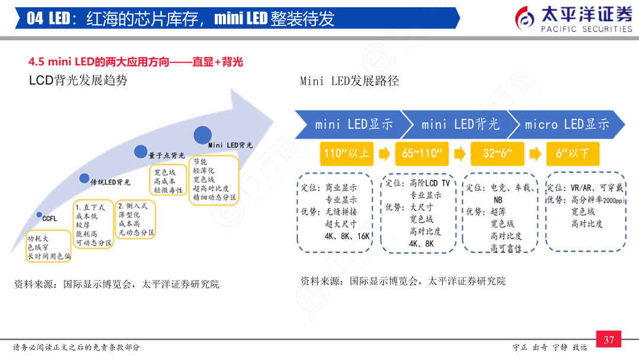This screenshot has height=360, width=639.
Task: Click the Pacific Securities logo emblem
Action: click(526, 20)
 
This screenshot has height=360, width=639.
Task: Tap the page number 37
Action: click(609, 340)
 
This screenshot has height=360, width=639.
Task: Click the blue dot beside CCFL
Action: click(38, 214)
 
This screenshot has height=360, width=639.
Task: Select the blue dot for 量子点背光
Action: click(140, 152)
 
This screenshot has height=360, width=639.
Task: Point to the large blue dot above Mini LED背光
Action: click(202, 134)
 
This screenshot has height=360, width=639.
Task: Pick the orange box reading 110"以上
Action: click(346, 153)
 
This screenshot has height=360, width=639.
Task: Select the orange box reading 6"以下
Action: click(572, 153)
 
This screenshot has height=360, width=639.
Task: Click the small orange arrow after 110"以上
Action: click(384, 154)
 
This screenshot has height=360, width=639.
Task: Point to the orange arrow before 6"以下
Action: click(535, 154)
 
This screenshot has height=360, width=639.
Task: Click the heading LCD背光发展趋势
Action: click(78, 81)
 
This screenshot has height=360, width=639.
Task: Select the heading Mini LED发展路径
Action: click(349, 81)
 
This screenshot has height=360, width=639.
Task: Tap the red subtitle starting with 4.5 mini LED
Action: click(136, 62)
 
